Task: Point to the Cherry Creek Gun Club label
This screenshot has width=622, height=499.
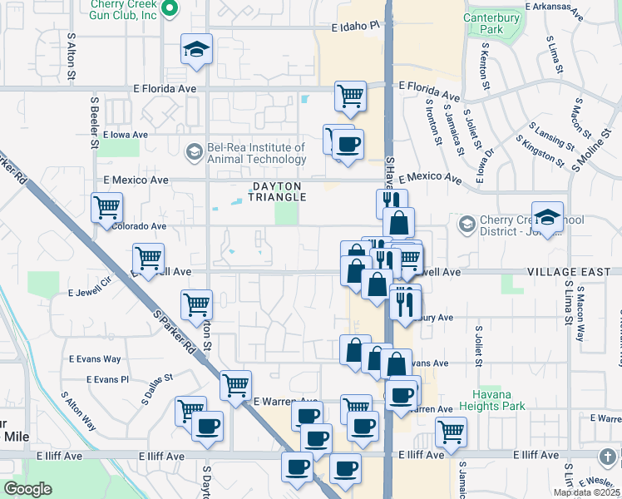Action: tap(125, 9)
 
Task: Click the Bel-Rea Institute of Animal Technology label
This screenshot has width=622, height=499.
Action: tap(256, 152)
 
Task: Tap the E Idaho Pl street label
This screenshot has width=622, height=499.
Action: tap(354, 27)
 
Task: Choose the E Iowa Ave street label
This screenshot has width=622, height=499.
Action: tap(125, 134)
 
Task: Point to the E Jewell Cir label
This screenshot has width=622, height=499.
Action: tap(90, 288)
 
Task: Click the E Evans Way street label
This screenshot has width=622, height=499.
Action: tap(95, 358)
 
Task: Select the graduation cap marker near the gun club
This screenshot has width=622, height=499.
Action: tap(197, 50)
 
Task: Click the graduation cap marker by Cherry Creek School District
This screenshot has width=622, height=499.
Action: tap(547, 218)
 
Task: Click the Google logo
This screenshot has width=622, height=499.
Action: tap(27, 489)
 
